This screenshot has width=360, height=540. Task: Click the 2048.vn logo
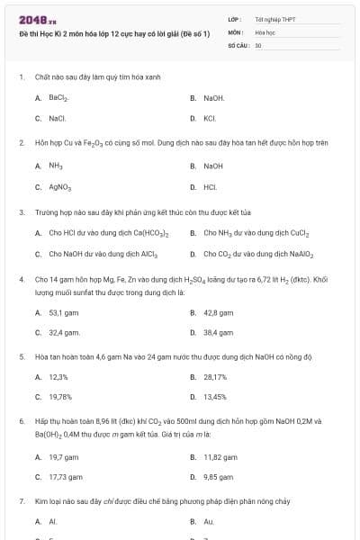pos(31,21)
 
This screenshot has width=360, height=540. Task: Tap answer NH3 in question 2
pos(55,166)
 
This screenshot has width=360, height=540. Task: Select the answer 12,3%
pos(58,377)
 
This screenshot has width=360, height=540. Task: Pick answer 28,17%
pos(215,377)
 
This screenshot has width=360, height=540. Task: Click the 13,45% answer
pos(215,397)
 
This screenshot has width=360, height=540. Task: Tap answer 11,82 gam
pos(220,456)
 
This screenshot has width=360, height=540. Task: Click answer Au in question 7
pos(208,521)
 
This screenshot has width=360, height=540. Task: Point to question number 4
pos(21,280)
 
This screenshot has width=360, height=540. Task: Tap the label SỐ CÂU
pos(237,44)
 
